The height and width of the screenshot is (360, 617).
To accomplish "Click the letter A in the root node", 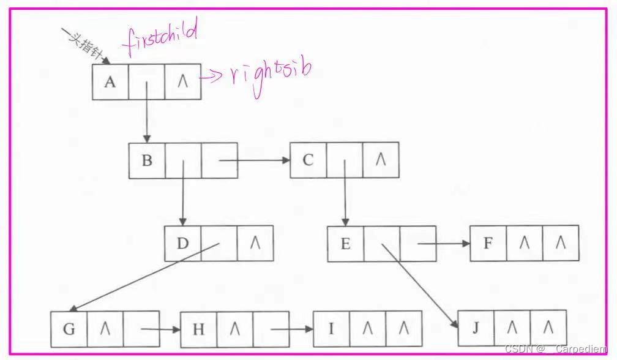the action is [110, 82].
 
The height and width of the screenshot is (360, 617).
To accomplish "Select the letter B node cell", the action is [147, 161].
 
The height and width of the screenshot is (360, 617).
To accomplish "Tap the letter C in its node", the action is [308, 160].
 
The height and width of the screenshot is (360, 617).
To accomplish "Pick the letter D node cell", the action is [182, 243].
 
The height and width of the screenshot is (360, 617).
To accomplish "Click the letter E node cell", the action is [345, 244].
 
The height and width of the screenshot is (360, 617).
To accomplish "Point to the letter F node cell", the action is [488, 243].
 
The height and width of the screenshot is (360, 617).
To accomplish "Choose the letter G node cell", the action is [69, 329].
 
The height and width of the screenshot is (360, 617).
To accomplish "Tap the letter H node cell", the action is [198, 329].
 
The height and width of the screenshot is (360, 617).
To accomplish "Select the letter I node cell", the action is [331, 329].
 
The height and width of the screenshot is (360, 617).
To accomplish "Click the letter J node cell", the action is [476, 328].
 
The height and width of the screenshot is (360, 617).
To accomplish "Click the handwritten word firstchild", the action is [160, 38].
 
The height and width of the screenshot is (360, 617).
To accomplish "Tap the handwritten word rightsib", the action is [270, 75].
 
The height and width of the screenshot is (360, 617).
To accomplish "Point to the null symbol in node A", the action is [182, 82].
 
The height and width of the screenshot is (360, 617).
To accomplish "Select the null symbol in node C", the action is [380, 160].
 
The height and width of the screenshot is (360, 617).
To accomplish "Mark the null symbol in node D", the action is [255, 243].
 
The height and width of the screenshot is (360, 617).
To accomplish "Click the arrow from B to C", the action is [254, 161].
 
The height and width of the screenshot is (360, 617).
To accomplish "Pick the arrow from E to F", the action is [444, 244].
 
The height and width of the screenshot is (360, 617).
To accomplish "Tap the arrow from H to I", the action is [292, 329].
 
